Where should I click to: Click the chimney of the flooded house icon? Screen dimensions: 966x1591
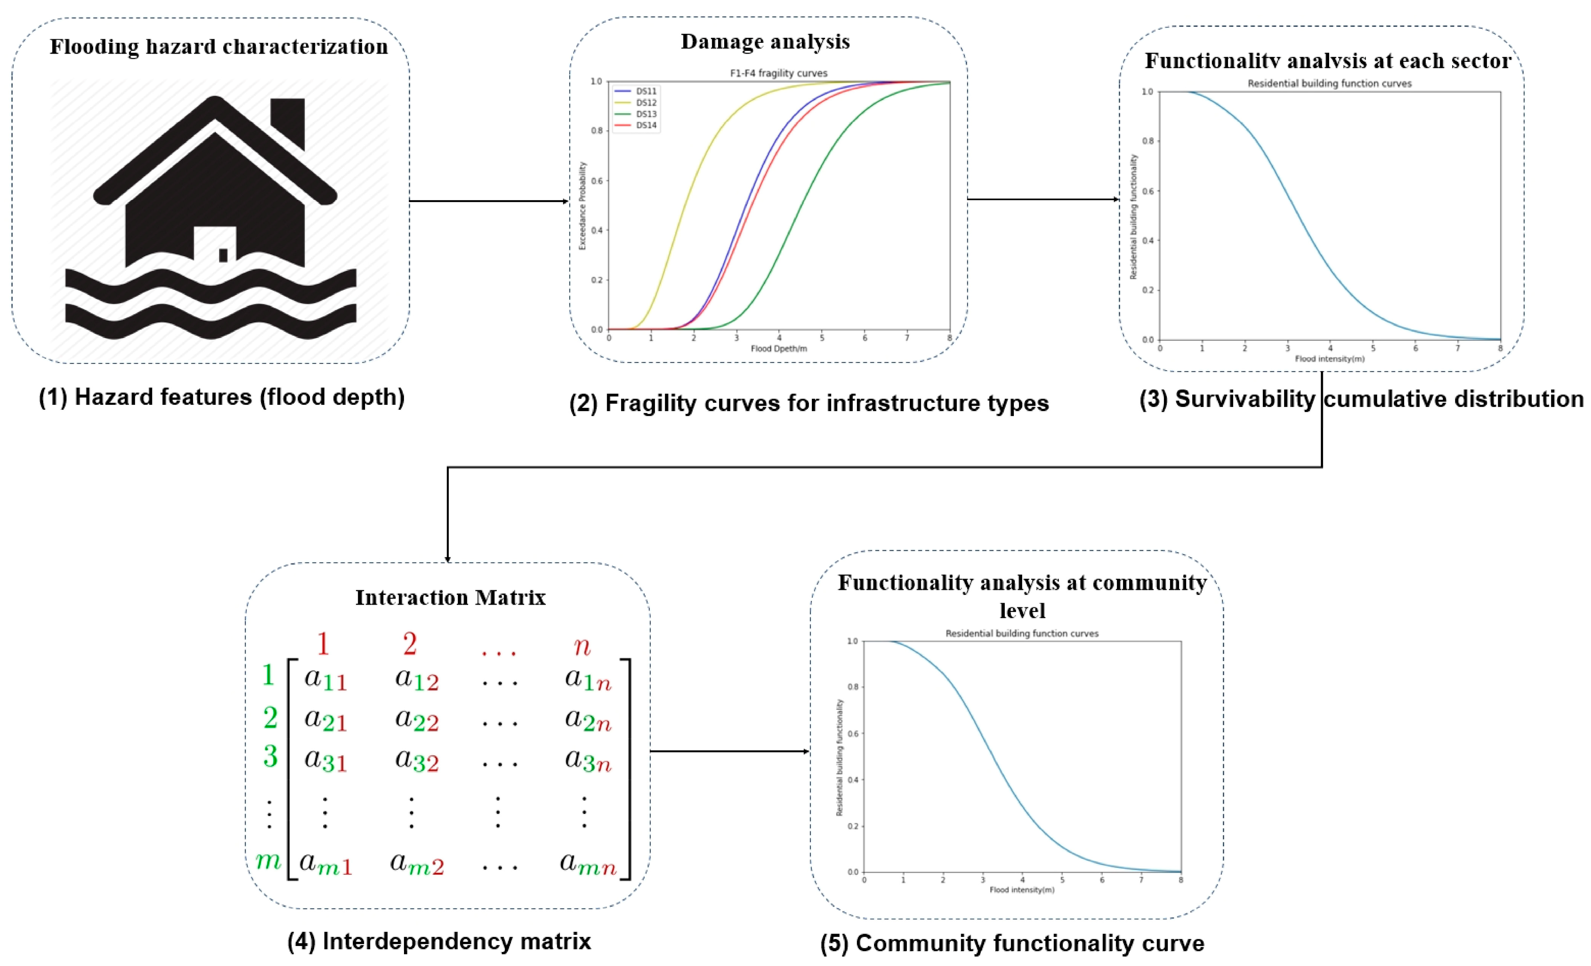coord(287,123)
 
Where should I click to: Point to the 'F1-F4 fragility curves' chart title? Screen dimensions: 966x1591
coord(778,73)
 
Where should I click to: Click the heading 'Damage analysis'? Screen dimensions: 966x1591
coord(765,41)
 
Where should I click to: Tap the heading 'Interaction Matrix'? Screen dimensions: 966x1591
coord(450,597)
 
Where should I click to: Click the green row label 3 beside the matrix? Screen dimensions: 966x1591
coord(270,756)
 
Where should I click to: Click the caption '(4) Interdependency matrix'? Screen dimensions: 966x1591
coord(439,941)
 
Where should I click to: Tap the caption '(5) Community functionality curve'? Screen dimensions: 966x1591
coord(1012,943)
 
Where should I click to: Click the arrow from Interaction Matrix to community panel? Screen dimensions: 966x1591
coord(730,751)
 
